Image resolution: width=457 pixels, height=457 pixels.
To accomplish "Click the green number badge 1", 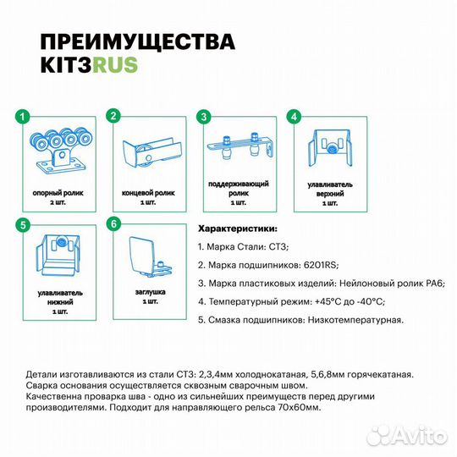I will tap(25, 116).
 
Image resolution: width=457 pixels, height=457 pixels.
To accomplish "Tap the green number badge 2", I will tap(113, 116).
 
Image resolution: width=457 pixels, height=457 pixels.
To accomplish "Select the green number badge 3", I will tap(202, 116).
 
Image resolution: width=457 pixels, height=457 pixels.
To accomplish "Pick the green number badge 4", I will tap(292, 116).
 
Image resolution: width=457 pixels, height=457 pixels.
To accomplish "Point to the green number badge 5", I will tap(25, 225).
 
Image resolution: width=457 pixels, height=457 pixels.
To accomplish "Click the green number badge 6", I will tap(113, 225).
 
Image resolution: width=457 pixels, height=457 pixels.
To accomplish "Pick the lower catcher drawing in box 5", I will tap(60, 258).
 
